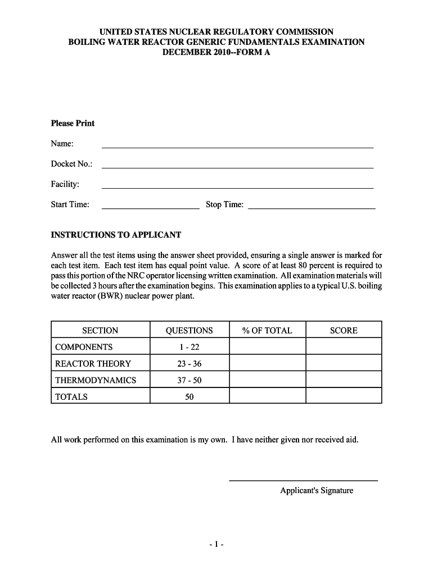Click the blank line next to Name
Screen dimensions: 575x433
click(x=237, y=147)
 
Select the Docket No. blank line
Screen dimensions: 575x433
click(x=237, y=167)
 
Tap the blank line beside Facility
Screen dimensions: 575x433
click(x=237, y=187)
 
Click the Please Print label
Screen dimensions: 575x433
click(x=73, y=124)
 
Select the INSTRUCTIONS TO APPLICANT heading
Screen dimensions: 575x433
click(x=116, y=235)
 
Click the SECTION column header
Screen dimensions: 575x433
click(x=100, y=331)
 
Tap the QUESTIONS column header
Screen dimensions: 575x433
click(x=190, y=331)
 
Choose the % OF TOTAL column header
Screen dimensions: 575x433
click(x=267, y=331)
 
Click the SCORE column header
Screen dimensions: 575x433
click(x=344, y=331)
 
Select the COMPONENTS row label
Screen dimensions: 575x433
click(x=84, y=347)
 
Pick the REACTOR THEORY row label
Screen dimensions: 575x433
click(x=93, y=363)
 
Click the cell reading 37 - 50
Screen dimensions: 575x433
click(x=190, y=380)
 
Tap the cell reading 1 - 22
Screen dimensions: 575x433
click(x=190, y=347)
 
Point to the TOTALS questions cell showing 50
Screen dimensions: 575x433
click(x=190, y=396)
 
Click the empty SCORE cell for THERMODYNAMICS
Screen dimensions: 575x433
click(x=344, y=380)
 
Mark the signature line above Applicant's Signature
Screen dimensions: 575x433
click(x=303, y=480)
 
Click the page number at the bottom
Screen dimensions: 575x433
click(x=216, y=545)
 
